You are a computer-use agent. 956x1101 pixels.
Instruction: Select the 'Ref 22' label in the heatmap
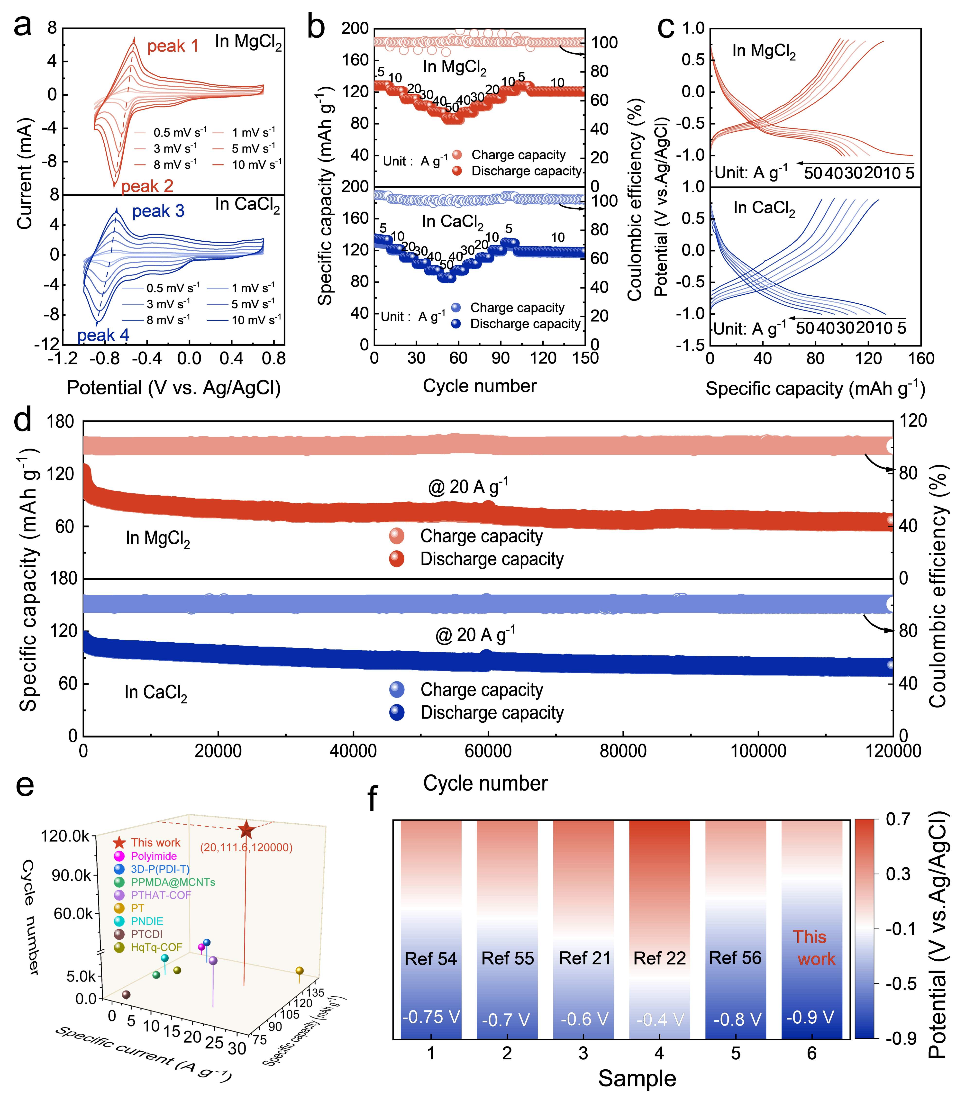click(659, 959)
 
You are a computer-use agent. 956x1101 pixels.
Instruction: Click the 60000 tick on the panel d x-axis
click(488, 751)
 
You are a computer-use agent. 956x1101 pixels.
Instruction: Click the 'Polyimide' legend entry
click(154, 856)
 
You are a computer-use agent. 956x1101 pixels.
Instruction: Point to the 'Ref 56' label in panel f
click(735, 958)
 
